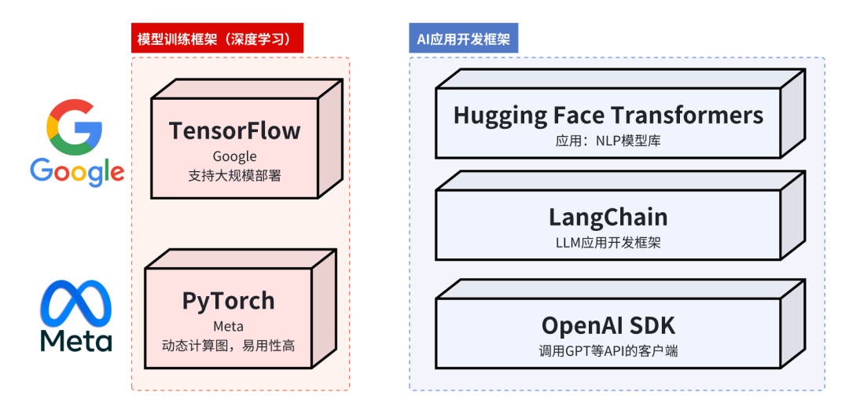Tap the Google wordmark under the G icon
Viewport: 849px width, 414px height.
(x=77, y=170)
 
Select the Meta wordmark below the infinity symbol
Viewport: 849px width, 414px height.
(x=76, y=340)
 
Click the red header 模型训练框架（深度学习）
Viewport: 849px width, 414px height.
(x=217, y=39)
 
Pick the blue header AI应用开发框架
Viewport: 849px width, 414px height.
(x=463, y=39)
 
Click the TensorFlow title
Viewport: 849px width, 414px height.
(x=234, y=130)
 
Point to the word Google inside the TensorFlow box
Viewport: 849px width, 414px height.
(x=234, y=156)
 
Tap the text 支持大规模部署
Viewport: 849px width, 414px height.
(x=234, y=175)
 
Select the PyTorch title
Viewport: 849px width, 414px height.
(x=228, y=301)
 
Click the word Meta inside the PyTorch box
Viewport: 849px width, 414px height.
(x=228, y=326)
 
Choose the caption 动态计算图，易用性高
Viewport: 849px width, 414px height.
(x=228, y=345)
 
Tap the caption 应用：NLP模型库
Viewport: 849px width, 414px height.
(x=608, y=141)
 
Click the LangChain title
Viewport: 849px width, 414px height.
(x=608, y=217)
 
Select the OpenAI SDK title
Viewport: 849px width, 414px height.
(x=608, y=324)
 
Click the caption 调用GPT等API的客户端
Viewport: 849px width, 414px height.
(x=608, y=350)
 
